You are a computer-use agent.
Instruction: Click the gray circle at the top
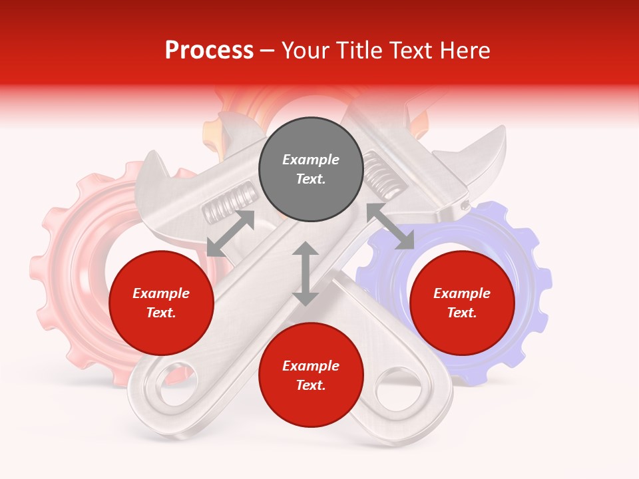311,170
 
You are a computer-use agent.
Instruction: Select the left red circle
161,303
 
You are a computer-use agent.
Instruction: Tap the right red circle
462,303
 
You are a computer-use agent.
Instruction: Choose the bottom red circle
311,375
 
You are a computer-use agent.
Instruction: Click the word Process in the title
209,51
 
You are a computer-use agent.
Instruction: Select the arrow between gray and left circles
230,234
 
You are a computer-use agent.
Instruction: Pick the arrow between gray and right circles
390,226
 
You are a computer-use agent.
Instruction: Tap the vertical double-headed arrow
306,273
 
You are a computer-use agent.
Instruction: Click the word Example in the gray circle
311,160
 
